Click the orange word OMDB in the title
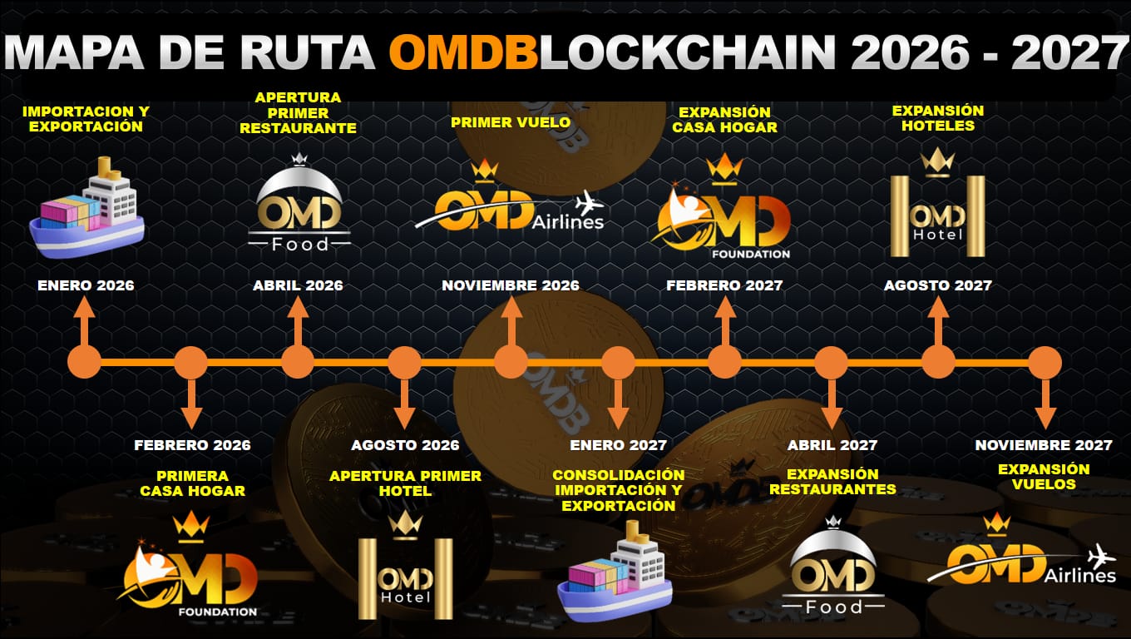coord(462,53)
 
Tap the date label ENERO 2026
coord(86,285)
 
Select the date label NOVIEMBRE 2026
coord(511,285)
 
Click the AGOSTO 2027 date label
coord(937,285)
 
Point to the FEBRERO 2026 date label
coord(192,445)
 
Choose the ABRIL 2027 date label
coord(832,445)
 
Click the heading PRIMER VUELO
coord(511,122)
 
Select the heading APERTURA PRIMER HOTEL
coord(405,483)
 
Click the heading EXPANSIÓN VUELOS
coord(1044,477)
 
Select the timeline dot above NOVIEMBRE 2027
coord(1045,363)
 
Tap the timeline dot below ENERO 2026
coord(83,363)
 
